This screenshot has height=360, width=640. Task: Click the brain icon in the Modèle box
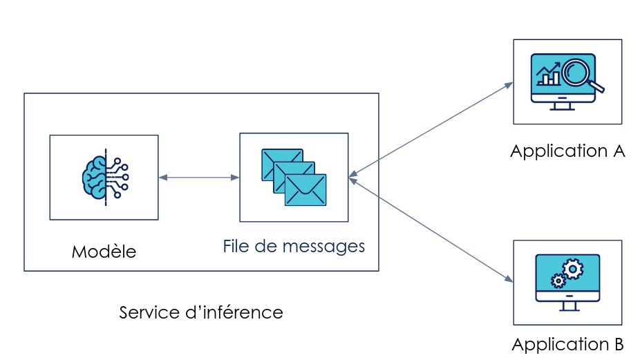click(x=104, y=178)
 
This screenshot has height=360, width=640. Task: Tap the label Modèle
click(x=104, y=252)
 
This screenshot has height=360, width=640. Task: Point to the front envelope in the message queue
click(x=305, y=191)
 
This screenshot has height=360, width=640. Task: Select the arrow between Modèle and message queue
click(x=199, y=178)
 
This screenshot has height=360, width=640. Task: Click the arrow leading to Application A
click(x=432, y=128)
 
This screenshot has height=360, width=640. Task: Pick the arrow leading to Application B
click(x=432, y=230)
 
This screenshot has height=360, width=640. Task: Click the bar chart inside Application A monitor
click(x=549, y=75)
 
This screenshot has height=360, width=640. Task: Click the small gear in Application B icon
click(x=557, y=280)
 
